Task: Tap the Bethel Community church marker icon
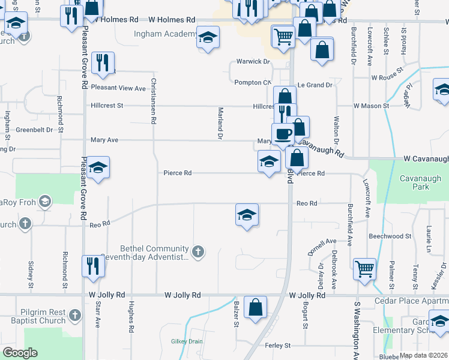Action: coord(198,251)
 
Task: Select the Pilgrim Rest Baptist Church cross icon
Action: coord(74,314)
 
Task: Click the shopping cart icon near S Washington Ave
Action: coord(364,269)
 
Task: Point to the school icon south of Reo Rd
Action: coord(247,214)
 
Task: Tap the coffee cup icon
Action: coord(283,134)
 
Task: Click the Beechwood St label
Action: coord(387,236)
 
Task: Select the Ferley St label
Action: coord(278,346)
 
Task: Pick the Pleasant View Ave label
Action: coord(118,88)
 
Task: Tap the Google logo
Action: coord(20,353)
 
